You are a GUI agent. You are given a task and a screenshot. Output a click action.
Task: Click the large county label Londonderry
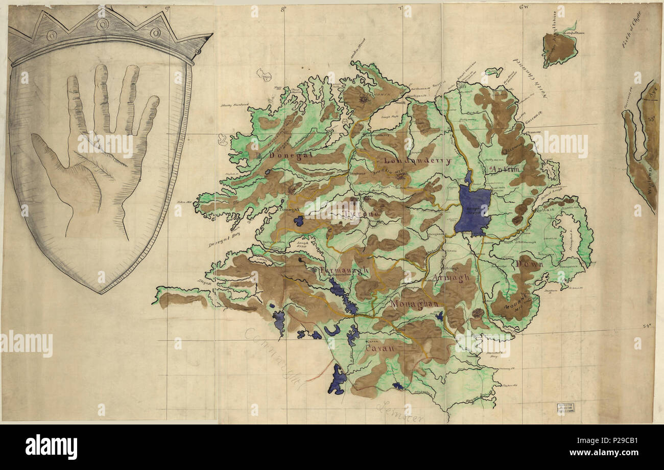click(x=417, y=160)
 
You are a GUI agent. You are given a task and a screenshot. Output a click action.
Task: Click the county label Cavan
click(x=381, y=348)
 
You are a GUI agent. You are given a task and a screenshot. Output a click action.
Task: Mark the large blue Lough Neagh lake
click(x=473, y=209)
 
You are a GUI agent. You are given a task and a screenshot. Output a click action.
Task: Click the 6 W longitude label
click(x=523, y=7)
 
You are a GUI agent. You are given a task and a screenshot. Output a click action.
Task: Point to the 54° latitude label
click(x=647, y=325)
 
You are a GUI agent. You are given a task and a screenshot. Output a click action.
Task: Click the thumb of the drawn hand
click(x=56, y=158)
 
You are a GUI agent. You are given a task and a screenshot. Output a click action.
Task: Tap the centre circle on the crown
click(x=103, y=24)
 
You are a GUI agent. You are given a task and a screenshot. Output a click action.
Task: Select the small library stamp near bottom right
click(x=564, y=408)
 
